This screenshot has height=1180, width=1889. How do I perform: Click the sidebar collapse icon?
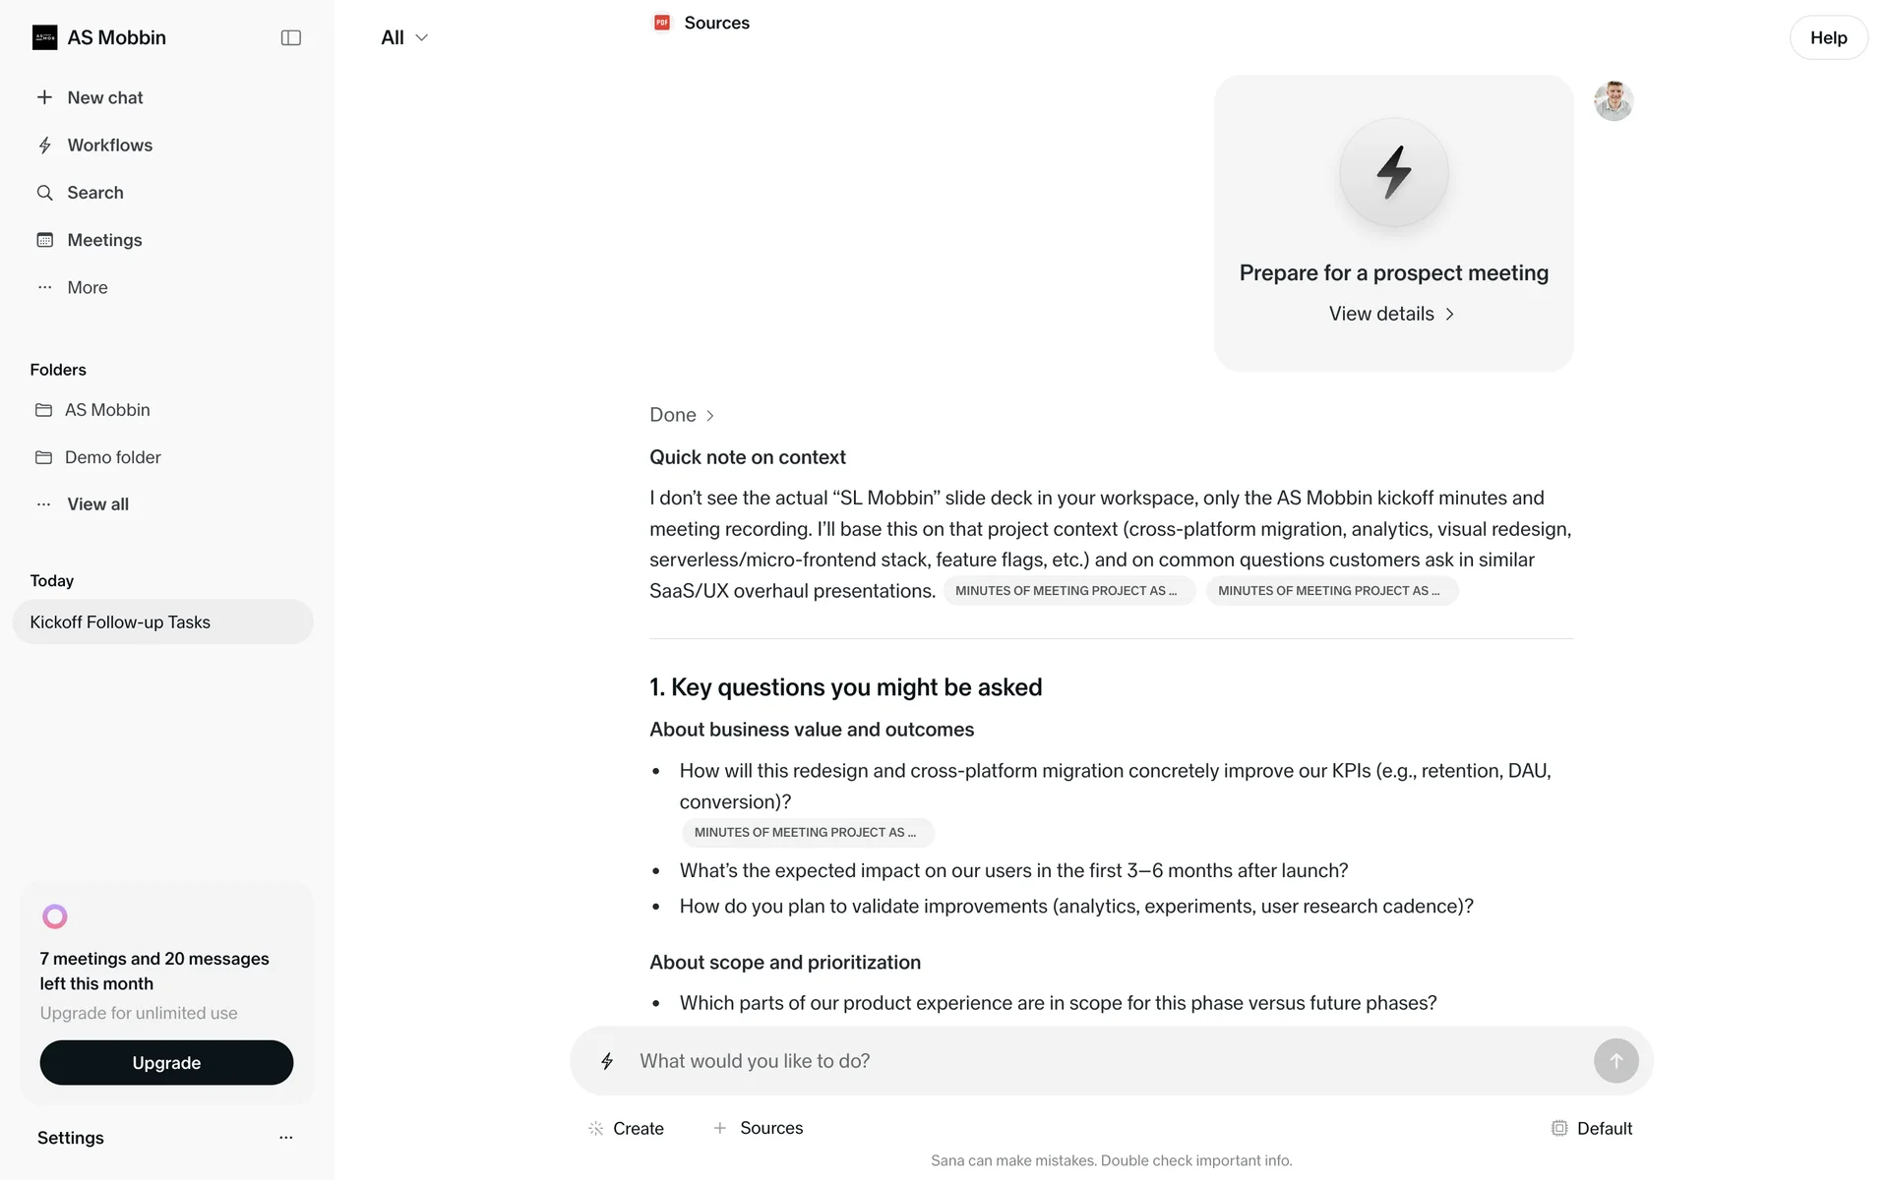coord(290,37)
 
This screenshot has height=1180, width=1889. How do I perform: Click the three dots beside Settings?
coord(286,1138)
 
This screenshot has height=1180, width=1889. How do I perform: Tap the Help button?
coord(1828,37)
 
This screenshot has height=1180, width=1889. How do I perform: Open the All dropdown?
coord(404,37)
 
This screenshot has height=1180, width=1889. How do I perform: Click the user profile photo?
coord(1614,100)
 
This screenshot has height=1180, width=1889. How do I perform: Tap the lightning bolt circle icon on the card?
coord(1393,172)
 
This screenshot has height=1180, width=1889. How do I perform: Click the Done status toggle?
coord(682,415)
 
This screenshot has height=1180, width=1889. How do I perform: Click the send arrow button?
coord(1615,1061)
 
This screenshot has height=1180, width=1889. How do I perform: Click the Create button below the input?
coord(626,1128)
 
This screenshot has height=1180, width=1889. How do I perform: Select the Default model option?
coord(1592,1128)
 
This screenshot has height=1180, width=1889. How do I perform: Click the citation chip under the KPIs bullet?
coord(807,833)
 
